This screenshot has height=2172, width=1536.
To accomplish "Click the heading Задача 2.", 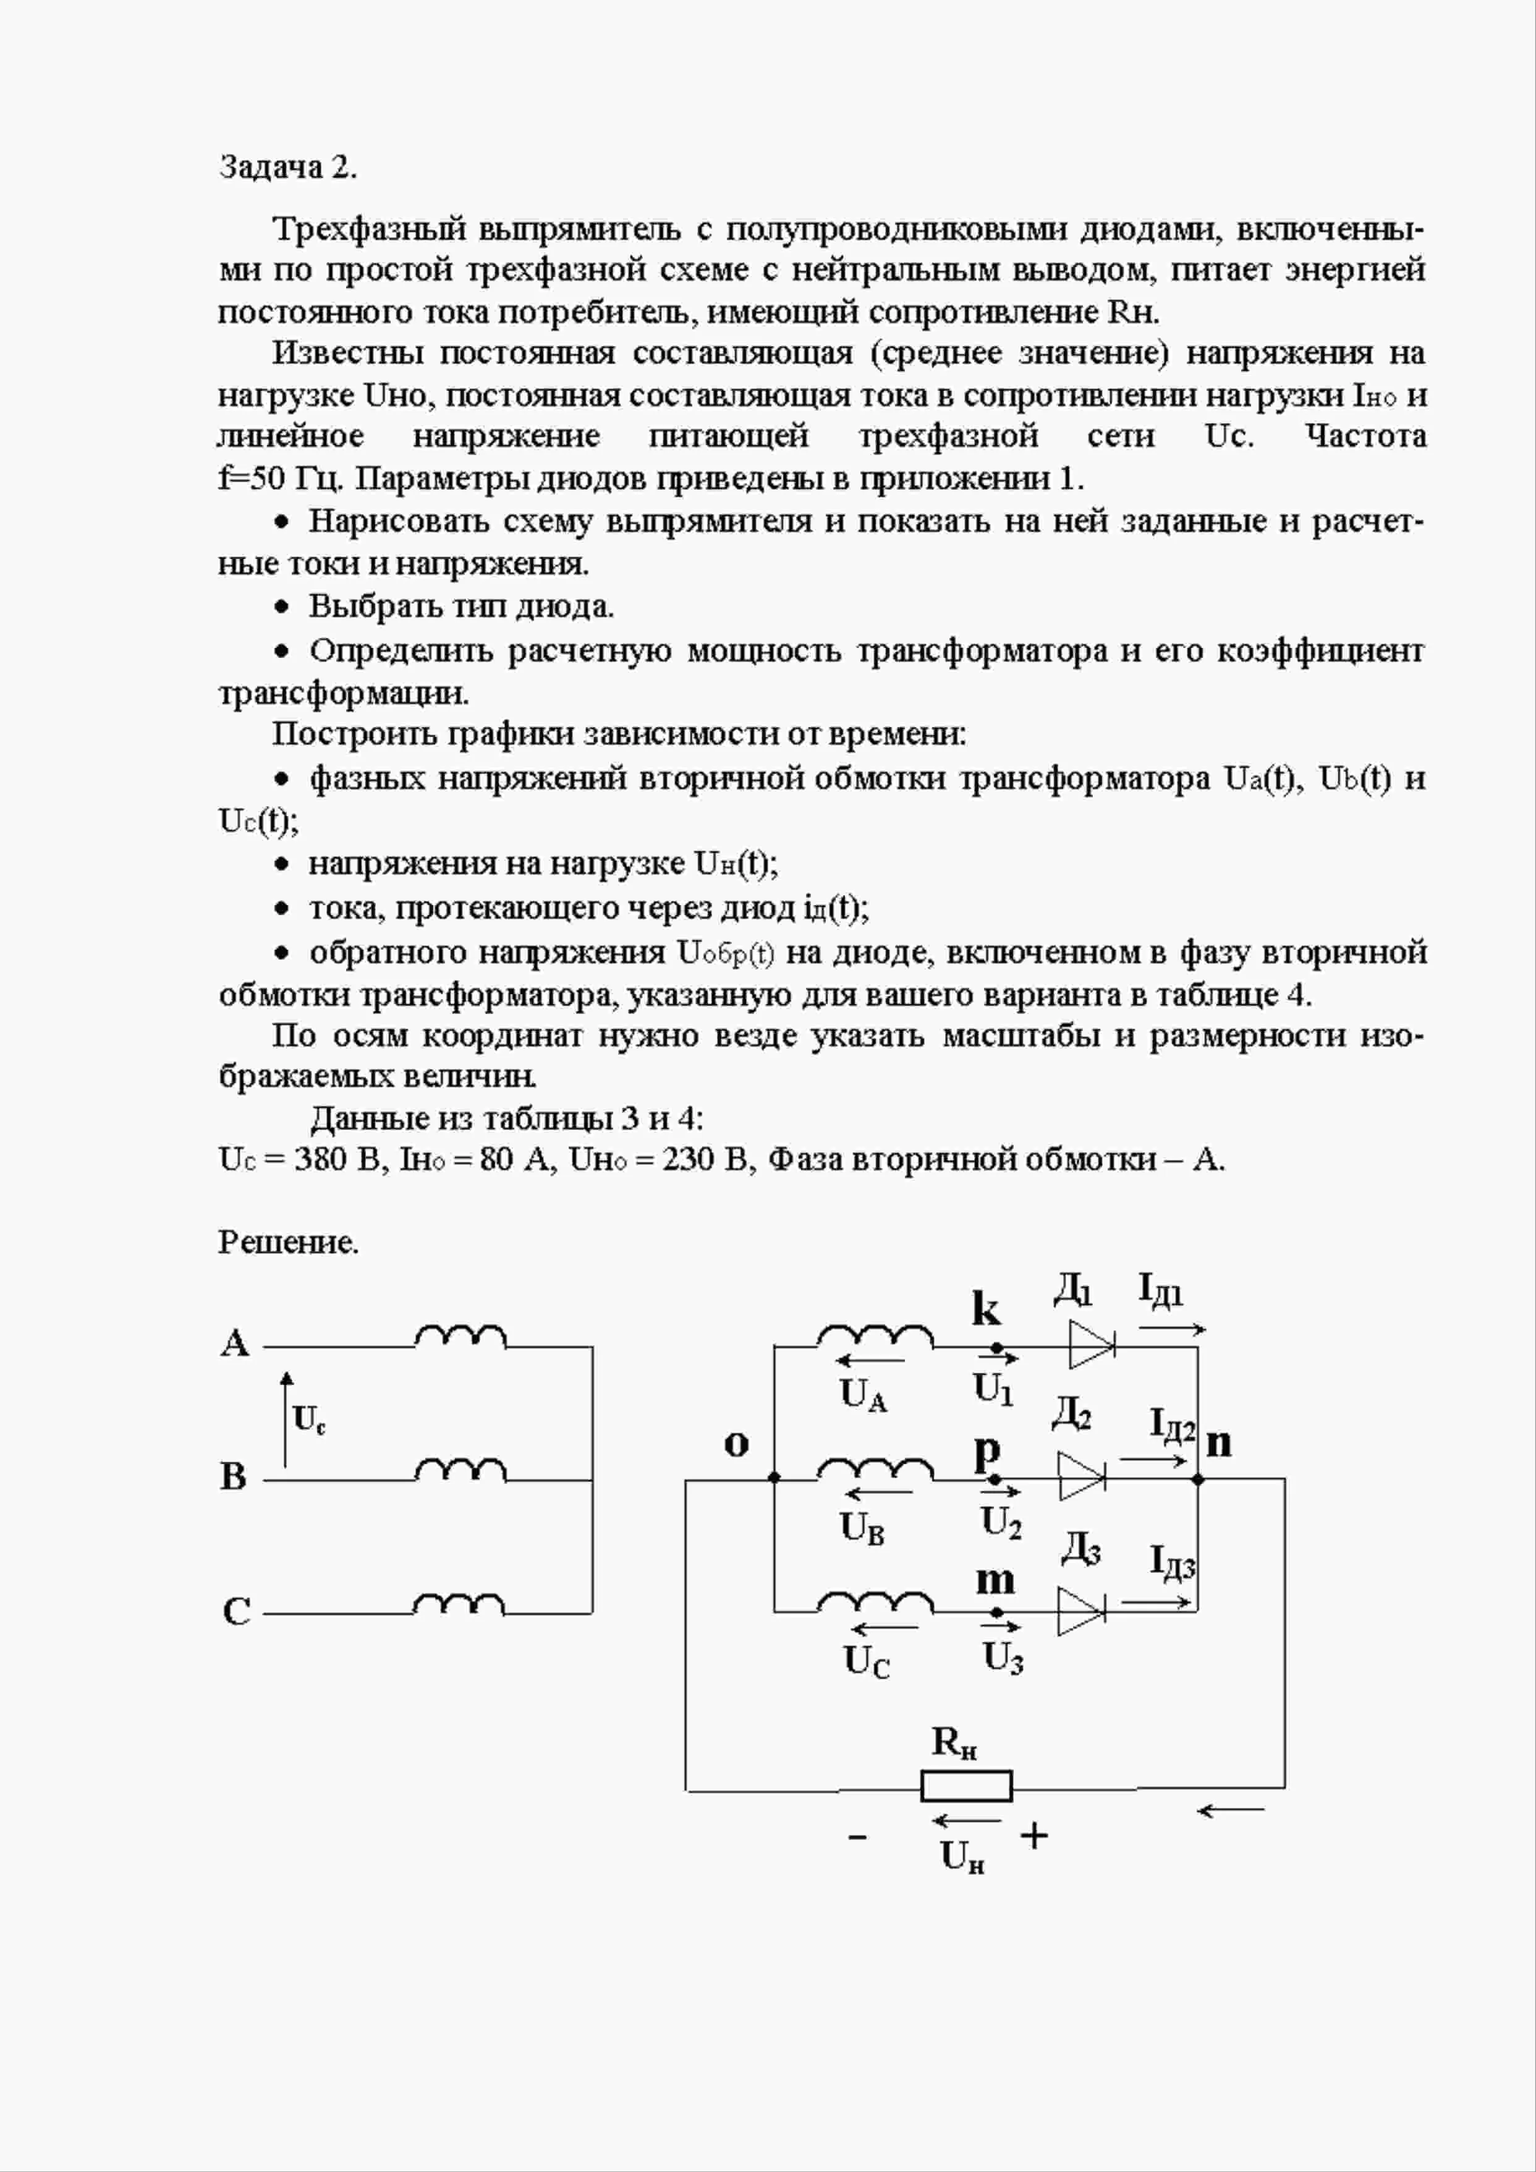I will pos(287,168).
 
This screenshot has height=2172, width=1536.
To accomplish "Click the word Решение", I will pos(289,1242).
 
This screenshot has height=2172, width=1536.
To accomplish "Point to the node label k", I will pos(985,1310).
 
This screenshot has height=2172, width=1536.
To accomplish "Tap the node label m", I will pos(994,1579).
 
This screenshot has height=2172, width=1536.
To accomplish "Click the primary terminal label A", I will pos(234,1344).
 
